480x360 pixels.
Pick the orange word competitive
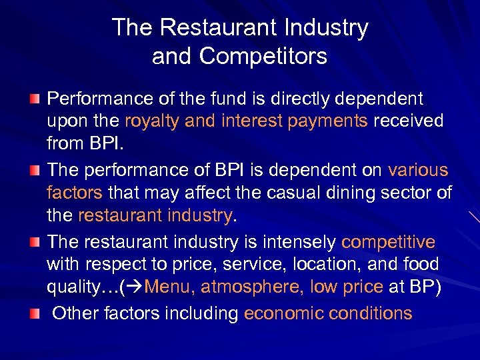388,241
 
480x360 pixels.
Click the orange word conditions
374,313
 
